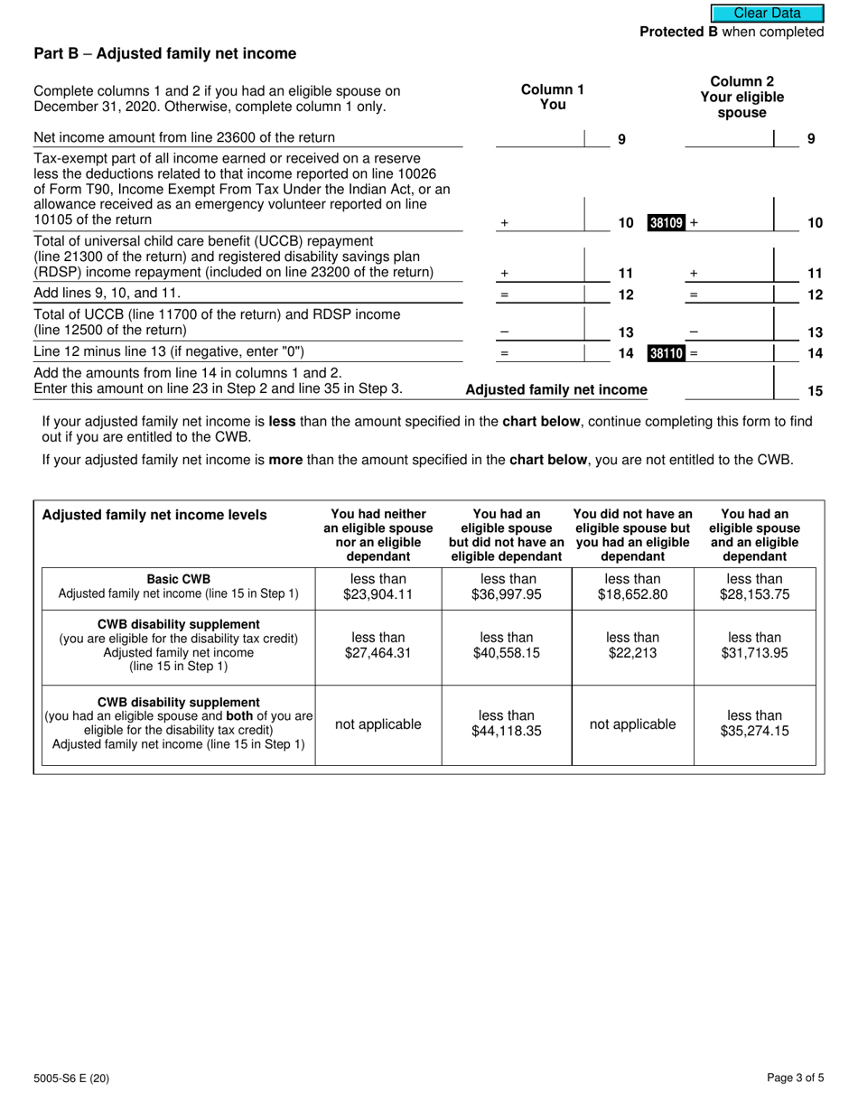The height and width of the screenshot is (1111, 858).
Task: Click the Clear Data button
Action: (767, 14)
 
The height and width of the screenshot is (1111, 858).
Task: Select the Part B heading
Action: (164, 54)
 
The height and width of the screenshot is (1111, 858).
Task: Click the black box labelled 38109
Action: (666, 222)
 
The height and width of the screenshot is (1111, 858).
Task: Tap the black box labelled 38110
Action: (666, 353)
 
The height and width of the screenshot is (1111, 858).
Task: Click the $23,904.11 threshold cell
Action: (378, 587)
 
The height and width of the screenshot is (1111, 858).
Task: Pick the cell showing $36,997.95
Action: (507, 587)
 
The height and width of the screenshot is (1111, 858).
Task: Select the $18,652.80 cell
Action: (632, 587)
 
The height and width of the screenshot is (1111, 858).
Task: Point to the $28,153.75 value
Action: (754, 587)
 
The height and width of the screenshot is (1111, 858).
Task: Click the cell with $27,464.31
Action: (378, 646)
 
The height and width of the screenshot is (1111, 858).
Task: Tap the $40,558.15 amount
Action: (507, 646)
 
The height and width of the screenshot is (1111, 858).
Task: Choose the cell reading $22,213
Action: (632, 646)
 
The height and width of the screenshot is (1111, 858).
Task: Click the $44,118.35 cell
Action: (507, 724)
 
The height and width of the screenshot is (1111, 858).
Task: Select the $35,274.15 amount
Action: (754, 724)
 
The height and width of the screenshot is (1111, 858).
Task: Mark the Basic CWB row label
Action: (179, 586)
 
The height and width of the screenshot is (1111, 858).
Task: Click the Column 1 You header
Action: (552, 97)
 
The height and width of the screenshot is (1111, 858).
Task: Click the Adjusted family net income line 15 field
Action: (729, 389)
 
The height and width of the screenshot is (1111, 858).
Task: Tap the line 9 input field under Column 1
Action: (539, 138)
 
